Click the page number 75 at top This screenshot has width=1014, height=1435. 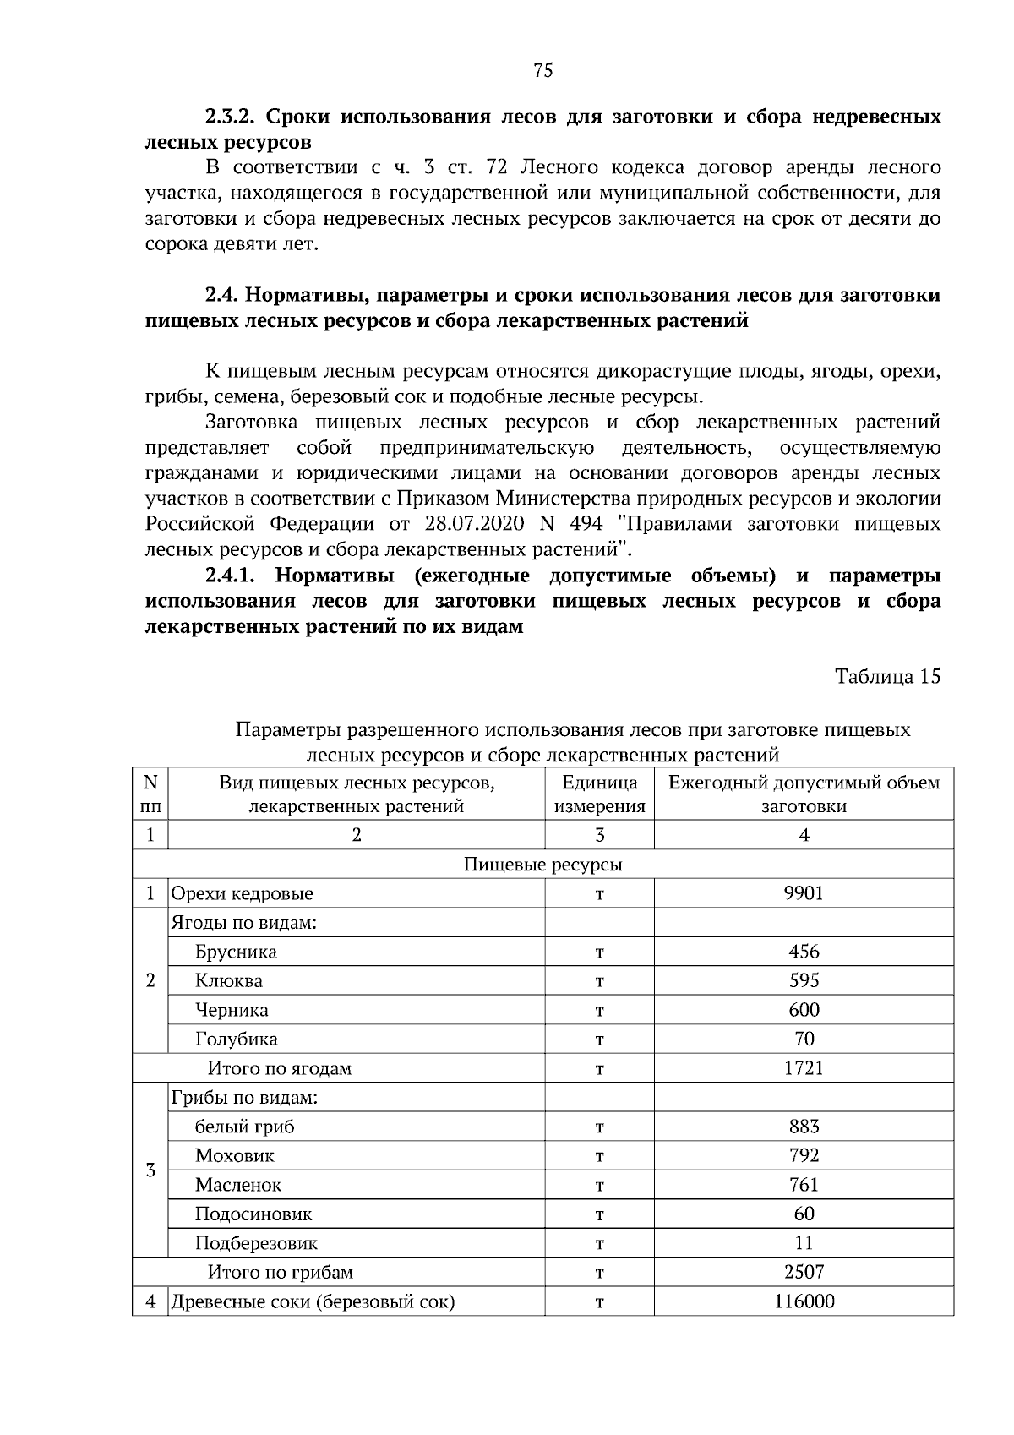tap(543, 71)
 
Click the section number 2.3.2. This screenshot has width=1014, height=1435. tap(235, 117)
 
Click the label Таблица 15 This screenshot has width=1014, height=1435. tap(887, 676)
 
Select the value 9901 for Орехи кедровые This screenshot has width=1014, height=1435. tap(803, 893)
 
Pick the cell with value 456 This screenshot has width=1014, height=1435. tap(803, 952)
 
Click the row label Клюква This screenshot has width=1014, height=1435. tap(229, 981)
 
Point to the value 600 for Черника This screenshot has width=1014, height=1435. tap(803, 1010)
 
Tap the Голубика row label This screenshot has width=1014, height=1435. tap(237, 1039)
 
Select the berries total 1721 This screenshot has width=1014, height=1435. tap(803, 1068)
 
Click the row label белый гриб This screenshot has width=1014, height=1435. tap(245, 1127)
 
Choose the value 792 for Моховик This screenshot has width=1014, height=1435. tap(803, 1155)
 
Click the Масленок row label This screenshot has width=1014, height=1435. tap(238, 1185)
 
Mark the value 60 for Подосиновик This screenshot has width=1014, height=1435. tap(803, 1214)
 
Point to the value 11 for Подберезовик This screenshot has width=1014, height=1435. tap(803, 1243)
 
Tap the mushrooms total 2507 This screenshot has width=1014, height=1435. tap(803, 1272)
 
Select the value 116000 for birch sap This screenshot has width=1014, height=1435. tap(803, 1301)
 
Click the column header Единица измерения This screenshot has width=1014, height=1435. tap(599, 794)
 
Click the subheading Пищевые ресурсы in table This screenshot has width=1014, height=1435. tap(542, 865)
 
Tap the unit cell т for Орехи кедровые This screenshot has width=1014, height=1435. tap(599, 894)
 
